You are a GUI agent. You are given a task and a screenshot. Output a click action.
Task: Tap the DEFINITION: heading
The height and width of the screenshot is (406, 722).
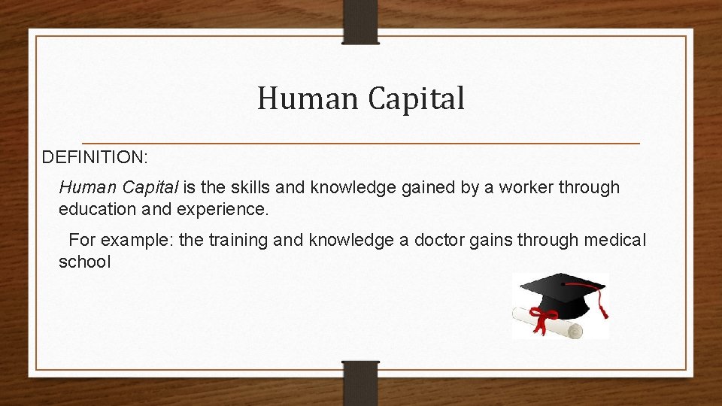click(95, 157)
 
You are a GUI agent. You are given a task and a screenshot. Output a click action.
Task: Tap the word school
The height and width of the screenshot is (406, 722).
click(85, 262)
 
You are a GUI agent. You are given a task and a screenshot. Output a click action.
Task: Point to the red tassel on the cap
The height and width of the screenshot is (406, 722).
click(602, 304)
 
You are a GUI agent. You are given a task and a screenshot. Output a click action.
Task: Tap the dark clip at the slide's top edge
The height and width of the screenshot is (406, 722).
click(361, 21)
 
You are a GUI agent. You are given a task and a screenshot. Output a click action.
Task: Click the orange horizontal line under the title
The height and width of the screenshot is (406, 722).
click(361, 143)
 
